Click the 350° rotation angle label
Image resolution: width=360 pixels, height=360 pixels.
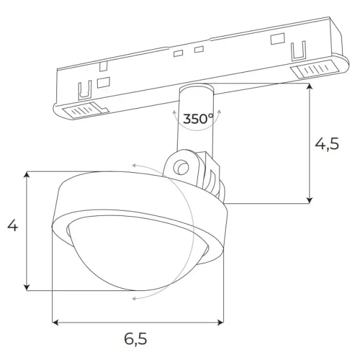[198, 119]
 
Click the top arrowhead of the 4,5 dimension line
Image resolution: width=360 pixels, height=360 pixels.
[310, 86]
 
